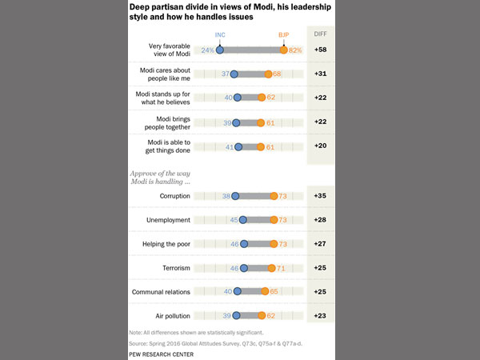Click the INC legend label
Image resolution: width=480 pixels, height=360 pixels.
pos(220,34)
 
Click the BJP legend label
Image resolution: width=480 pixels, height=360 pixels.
pos(284,34)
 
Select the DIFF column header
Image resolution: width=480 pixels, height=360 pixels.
pos(320,34)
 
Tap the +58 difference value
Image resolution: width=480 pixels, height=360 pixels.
pos(320,50)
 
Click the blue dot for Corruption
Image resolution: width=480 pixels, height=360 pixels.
pos(237,196)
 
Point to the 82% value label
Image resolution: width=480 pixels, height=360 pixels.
pos(295,50)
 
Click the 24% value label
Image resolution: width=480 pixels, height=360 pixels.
pos(208,50)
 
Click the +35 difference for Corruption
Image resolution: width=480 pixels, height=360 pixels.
pos(320,196)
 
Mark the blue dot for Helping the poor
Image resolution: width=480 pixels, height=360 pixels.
pos(245,245)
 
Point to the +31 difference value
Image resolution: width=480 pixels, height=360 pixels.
pos(320,74)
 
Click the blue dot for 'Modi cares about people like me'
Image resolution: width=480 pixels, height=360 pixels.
pos(234,74)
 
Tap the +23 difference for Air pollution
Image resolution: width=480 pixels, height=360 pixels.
pos(320,317)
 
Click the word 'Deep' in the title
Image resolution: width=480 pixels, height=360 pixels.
pos(142,6)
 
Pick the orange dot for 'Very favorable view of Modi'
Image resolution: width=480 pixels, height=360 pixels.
pos(283,50)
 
